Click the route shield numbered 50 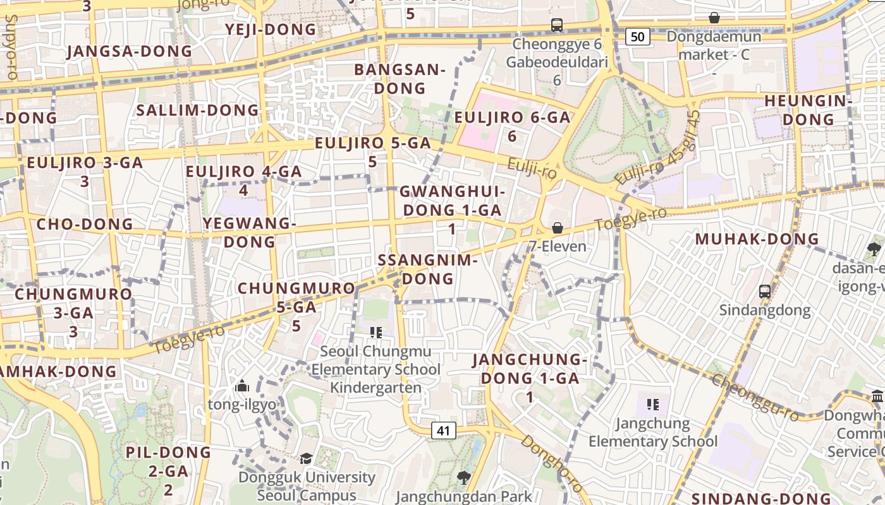(x=638, y=37)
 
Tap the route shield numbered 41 (x=443, y=431)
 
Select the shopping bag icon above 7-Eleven (x=558, y=228)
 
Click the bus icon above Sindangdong (x=765, y=291)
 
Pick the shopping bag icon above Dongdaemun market (x=714, y=18)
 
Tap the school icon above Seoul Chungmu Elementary (x=376, y=332)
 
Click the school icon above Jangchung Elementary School (x=653, y=404)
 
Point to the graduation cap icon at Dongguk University (x=306, y=458)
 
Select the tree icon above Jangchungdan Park (x=464, y=478)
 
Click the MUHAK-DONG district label (x=757, y=239)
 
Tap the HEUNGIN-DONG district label (x=809, y=110)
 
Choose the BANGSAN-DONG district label (x=400, y=79)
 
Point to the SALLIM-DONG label (x=198, y=110)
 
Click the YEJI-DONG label (x=271, y=30)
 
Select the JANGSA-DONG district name (x=129, y=52)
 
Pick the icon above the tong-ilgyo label (x=242, y=386)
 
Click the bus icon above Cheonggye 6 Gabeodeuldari (x=556, y=25)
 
